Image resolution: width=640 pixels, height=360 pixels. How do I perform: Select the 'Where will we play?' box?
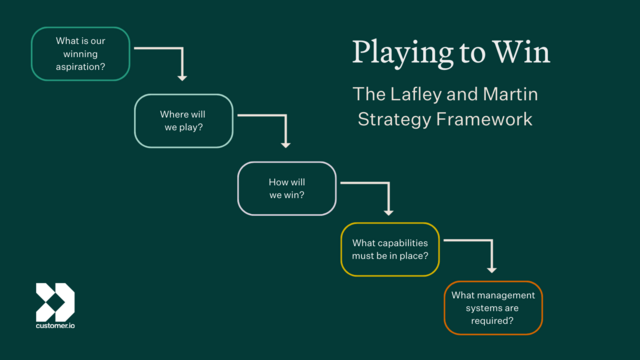point(184,121)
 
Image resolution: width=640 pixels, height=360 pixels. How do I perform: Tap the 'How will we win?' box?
point(287,188)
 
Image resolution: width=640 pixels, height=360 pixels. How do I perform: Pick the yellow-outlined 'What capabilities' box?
point(390,249)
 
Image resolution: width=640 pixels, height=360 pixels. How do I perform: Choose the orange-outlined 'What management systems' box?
point(493,309)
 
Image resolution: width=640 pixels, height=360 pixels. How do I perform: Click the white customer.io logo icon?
point(55,301)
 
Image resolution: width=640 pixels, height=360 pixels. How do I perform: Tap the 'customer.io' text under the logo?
point(55,327)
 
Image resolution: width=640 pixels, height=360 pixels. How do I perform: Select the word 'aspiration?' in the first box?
point(81,68)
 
